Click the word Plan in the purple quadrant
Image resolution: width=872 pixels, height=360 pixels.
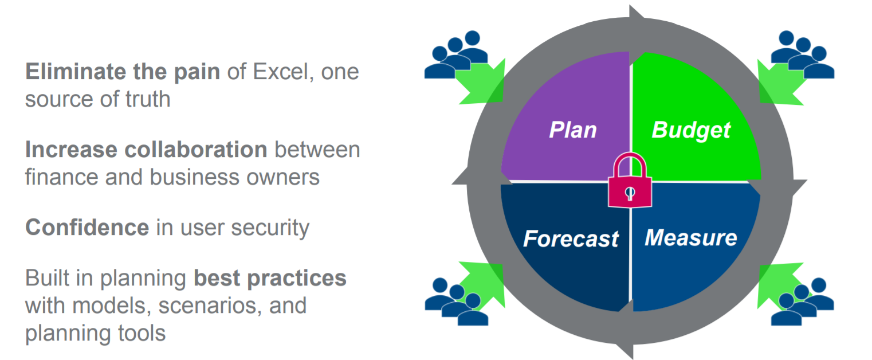(572, 130)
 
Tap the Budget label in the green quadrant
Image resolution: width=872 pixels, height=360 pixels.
(691, 130)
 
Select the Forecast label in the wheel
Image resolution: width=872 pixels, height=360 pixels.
(571, 238)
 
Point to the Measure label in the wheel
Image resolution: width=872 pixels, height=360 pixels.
(690, 238)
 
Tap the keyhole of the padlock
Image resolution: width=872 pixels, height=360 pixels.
(630, 193)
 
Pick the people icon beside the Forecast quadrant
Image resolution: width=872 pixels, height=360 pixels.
(456, 302)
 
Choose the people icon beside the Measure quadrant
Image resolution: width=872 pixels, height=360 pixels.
(803, 302)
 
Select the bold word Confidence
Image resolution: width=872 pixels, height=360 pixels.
(87, 227)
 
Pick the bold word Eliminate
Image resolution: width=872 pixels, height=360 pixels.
(76, 72)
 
